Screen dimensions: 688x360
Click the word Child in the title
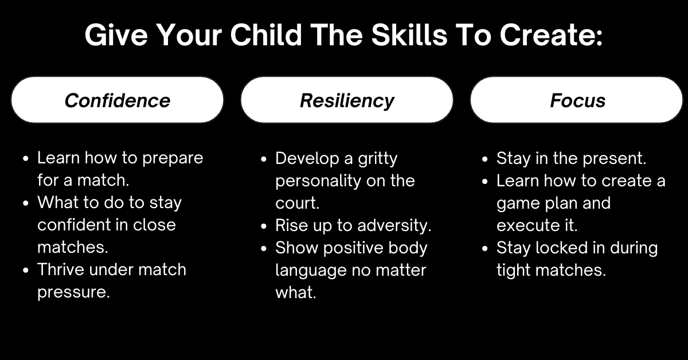click(x=266, y=35)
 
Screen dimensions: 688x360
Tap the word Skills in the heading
click(x=409, y=35)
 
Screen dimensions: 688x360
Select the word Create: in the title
click(x=551, y=36)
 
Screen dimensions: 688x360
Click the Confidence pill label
click(x=118, y=100)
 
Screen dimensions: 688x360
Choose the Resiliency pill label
click(x=347, y=101)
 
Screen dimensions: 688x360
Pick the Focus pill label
click(x=577, y=100)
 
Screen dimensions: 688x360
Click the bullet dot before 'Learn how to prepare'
click(x=26, y=159)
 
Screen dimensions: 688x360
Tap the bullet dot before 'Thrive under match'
click(x=26, y=271)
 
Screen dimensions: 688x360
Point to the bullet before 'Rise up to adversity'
click(x=264, y=226)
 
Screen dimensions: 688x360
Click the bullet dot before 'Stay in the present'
click(x=485, y=159)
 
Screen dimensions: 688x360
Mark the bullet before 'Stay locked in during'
click(x=485, y=248)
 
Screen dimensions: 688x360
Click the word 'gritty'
click(x=378, y=159)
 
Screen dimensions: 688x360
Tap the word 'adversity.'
click(x=394, y=225)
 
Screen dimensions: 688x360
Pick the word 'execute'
click(x=527, y=226)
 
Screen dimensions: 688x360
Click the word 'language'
click(x=311, y=271)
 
